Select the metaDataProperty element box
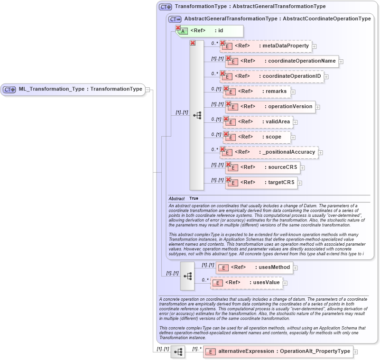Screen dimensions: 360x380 pyautogui.click(x=266, y=46)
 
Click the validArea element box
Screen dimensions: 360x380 pyautogui.click(x=257, y=122)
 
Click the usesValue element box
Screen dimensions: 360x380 pyautogui.click(x=246, y=283)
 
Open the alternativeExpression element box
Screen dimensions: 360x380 pyautogui.click(x=278, y=351)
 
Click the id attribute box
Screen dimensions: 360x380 pyautogui.click(x=210, y=31)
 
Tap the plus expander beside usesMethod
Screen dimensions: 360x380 pyautogui.click(x=295, y=268)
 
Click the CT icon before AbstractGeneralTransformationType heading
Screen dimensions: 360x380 pyautogui.click(x=175, y=19)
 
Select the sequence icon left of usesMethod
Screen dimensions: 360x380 pyautogui.click(x=187, y=275)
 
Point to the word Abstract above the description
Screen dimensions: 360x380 pyautogui.click(x=176, y=198)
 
